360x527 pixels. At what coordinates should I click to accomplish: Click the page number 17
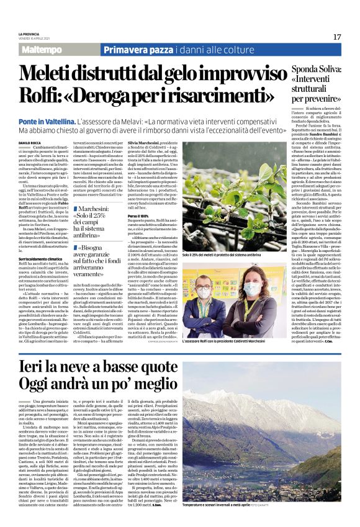pyautogui.click(x=336, y=37)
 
